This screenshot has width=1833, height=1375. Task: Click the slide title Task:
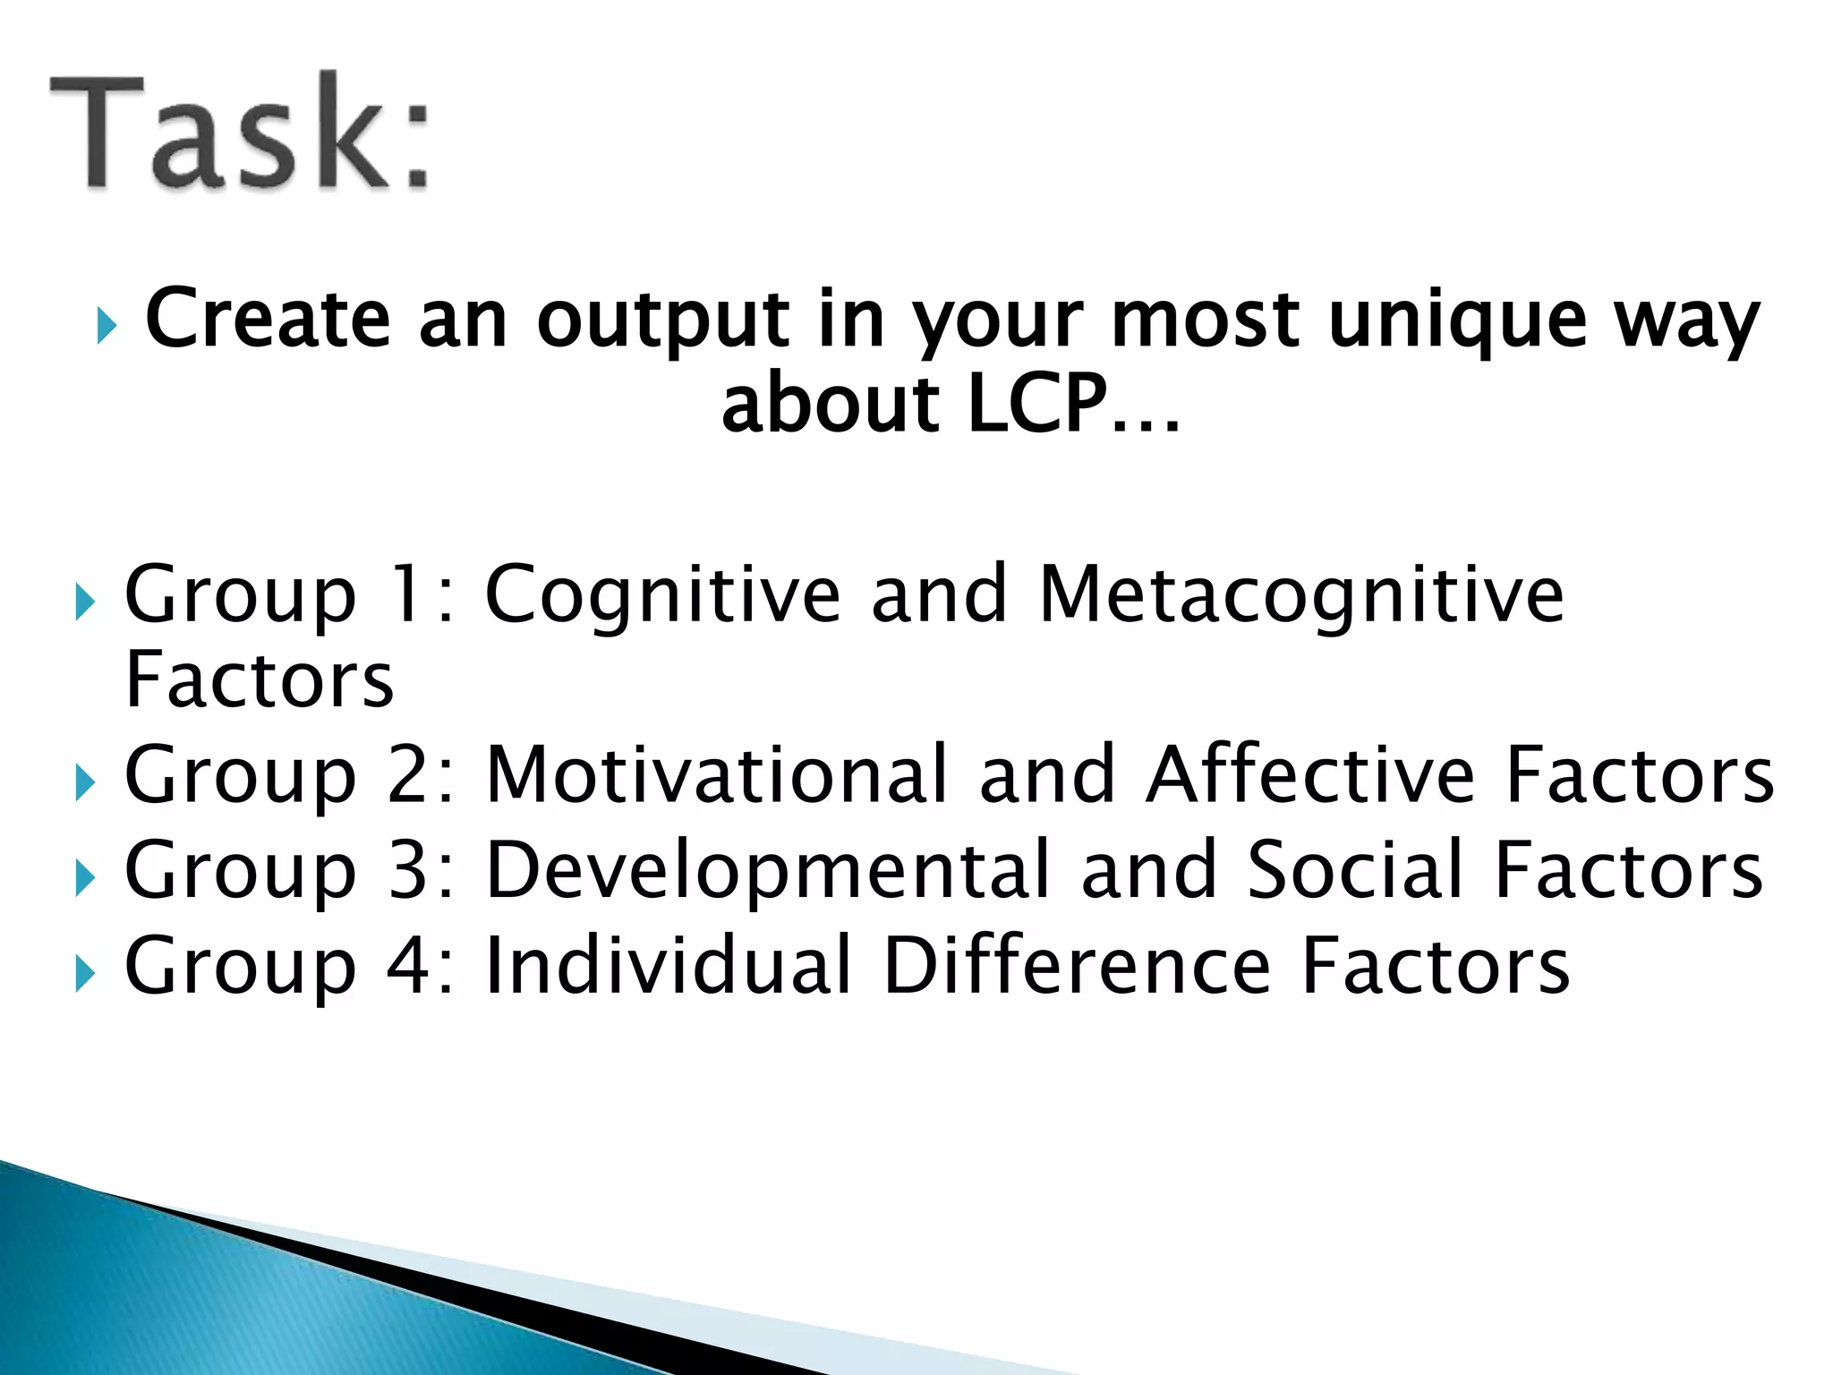[x=240, y=132]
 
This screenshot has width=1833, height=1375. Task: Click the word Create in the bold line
[x=268, y=320]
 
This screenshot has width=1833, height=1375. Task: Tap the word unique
[x=1457, y=320]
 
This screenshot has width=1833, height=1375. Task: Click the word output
[x=663, y=320]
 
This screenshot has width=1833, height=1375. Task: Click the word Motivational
[x=716, y=775]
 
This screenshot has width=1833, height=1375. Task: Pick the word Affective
[x=1310, y=775]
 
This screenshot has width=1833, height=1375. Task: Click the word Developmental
[x=767, y=870]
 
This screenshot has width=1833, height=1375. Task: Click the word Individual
[x=668, y=965]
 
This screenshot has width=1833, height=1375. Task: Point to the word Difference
[x=1077, y=965]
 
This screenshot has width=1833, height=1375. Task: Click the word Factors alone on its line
[x=260, y=680]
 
